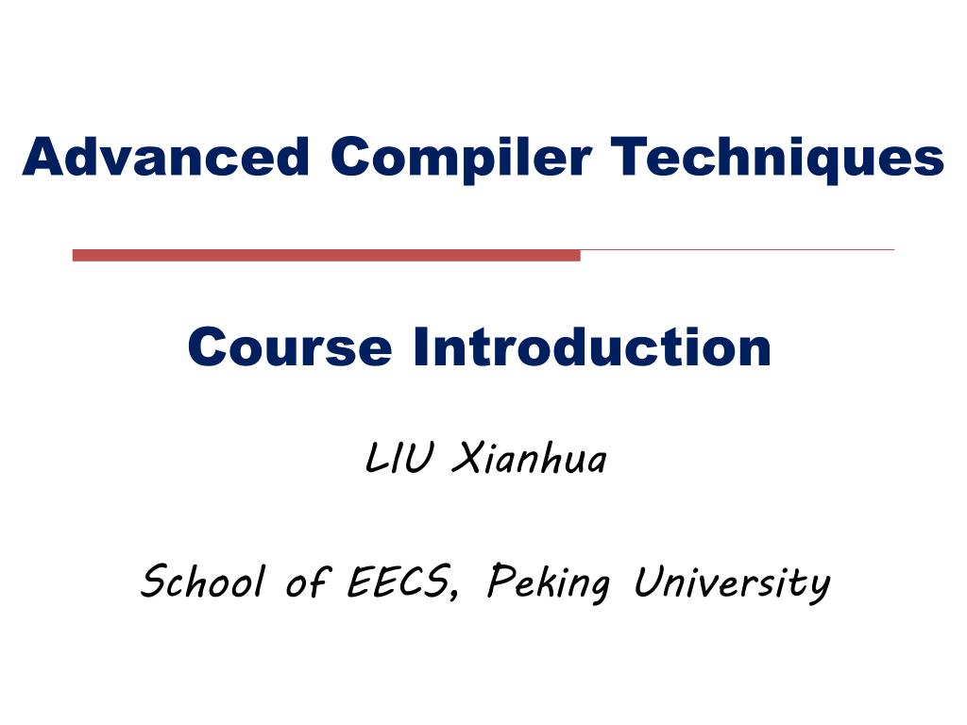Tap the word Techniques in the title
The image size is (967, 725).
point(776,157)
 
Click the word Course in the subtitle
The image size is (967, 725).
point(289,347)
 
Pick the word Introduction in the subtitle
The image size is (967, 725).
point(591,347)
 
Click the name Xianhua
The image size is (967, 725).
point(529,461)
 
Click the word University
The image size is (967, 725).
point(731,582)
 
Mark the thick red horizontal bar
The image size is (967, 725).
point(326,255)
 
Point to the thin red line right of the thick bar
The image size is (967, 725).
point(737,250)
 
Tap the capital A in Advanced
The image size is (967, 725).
point(42,157)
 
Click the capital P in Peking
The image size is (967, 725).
point(499,581)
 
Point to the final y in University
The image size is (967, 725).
point(819,587)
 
